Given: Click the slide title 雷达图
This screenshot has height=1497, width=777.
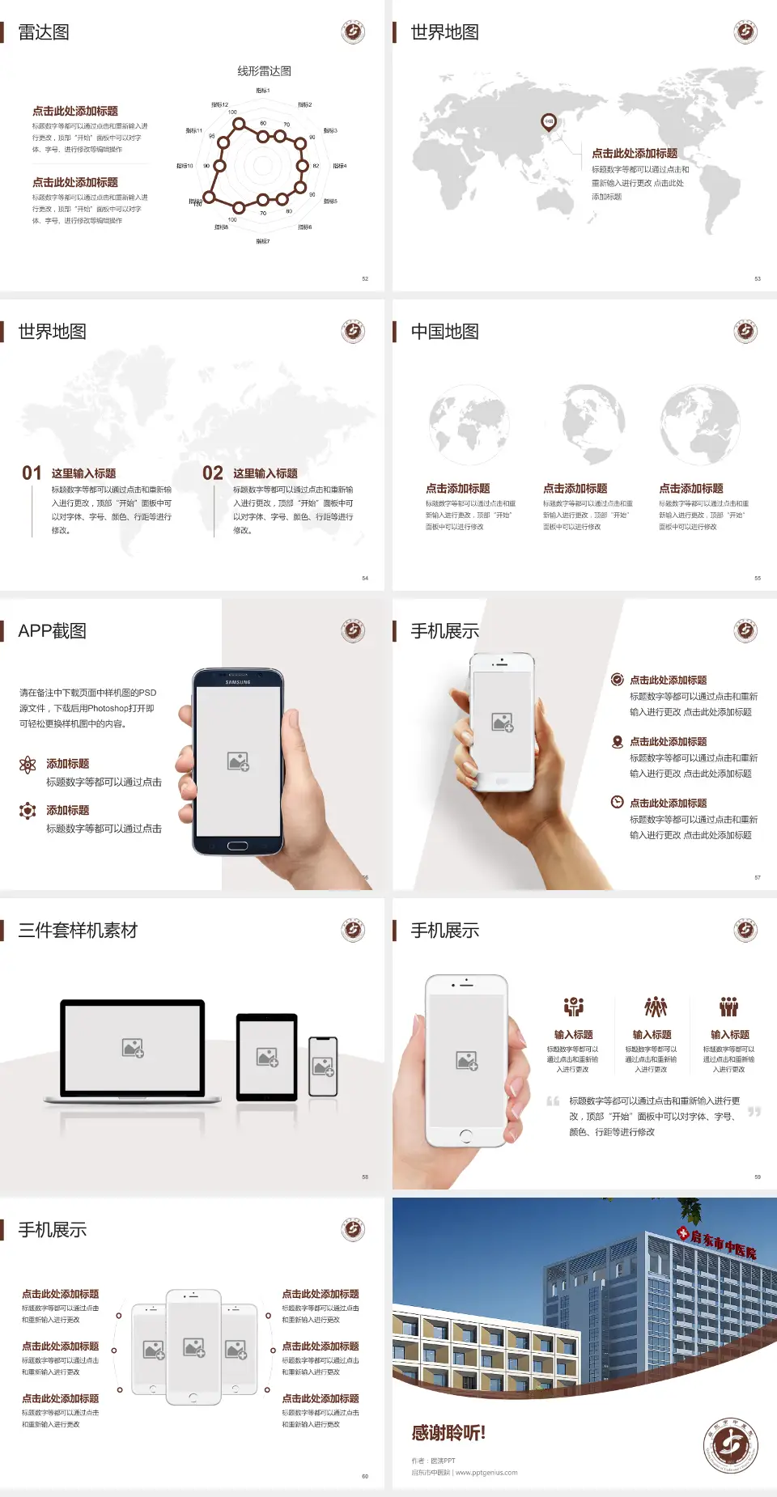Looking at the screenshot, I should (x=44, y=32).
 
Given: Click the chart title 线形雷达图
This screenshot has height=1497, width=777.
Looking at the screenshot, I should (x=264, y=71).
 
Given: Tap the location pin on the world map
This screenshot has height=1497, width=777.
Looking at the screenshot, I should (x=549, y=122).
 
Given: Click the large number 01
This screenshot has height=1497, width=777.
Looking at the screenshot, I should (x=32, y=473).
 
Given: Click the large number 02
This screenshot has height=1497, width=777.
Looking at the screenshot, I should (x=213, y=473).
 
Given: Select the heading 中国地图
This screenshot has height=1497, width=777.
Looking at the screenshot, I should (x=444, y=332).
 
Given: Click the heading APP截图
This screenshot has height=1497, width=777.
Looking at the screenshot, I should (x=53, y=631).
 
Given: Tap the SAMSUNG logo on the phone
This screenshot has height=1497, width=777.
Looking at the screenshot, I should (x=238, y=682).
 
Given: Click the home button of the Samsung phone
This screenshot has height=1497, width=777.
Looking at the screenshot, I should (x=237, y=846).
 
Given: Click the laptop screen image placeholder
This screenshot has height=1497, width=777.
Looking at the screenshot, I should (x=134, y=1048).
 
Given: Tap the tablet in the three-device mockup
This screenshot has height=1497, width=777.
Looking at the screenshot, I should (x=267, y=1056).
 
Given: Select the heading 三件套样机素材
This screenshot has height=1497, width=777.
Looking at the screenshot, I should (x=78, y=931).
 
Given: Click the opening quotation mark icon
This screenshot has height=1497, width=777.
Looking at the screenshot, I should (x=553, y=1101).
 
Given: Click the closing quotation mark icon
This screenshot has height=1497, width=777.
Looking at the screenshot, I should (x=754, y=1112).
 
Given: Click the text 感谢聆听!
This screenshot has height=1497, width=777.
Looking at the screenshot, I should (x=448, y=1433).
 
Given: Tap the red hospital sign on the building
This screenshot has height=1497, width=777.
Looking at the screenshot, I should (x=718, y=1244).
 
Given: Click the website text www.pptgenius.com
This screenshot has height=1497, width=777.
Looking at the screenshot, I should (x=486, y=1473).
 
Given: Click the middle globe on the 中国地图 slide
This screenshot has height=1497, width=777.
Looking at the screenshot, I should (x=593, y=425).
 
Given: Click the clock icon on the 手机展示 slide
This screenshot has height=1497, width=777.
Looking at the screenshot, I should (x=617, y=802).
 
